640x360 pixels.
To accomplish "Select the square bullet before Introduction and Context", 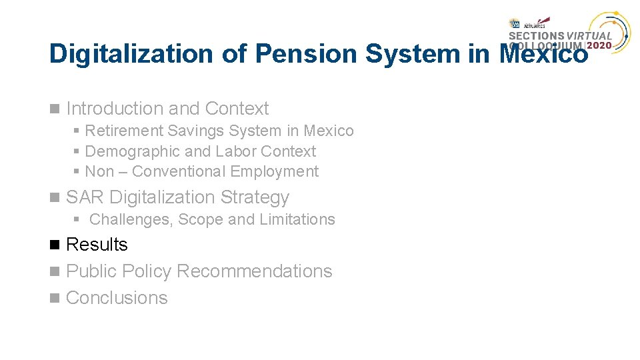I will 54,109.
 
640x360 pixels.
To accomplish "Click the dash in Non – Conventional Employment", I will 123,172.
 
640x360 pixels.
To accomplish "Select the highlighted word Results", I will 97,245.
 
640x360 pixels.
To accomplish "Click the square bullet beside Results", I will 54,245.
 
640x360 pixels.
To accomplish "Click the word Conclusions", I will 117,298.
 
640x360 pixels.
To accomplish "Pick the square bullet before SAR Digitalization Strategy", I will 54,198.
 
